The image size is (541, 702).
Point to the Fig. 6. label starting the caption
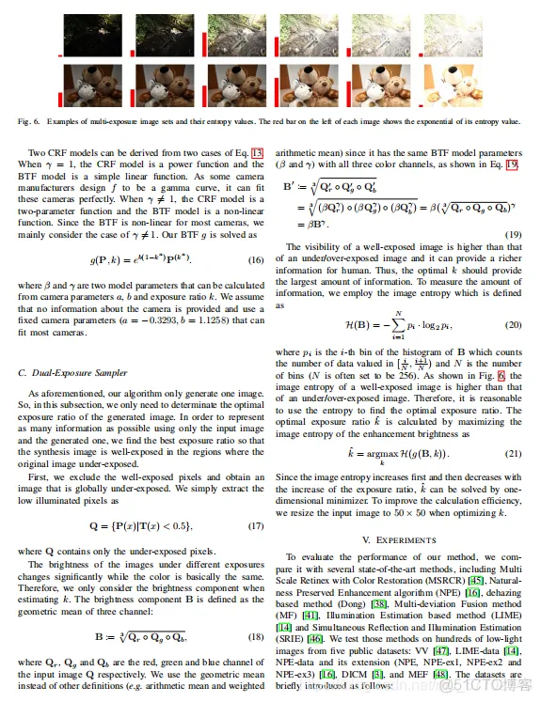tap(30, 121)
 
